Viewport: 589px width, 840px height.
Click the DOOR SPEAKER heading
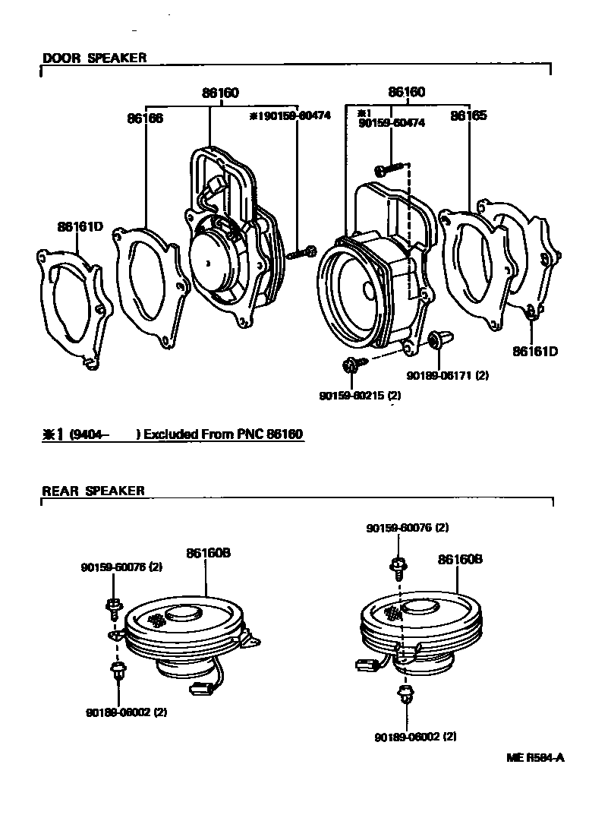pyautogui.click(x=94, y=58)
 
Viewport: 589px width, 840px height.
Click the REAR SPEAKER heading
pyautogui.click(x=93, y=491)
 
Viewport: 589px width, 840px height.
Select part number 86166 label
pyautogui.click(x=145, y=118)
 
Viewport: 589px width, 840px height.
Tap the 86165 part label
pyautogui.click(x=468, y=116)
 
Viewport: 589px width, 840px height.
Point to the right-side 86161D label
pyautogui.click(x=534, y=351)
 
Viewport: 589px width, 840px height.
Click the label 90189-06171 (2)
pyautogui.click(x=447, y=374)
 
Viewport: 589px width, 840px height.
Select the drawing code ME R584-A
pyautogui.click(x=536, y=757)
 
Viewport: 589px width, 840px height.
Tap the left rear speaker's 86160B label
pyautogui.click(x=208, y=554)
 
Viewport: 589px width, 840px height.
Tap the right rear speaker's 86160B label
pyautogui.click(x=460, y=559)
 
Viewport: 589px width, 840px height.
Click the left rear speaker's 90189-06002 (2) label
pyautogui.click(x=127, y=712)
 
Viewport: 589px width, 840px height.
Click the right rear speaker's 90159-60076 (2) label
pyautogui.click(x=407, y=528)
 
